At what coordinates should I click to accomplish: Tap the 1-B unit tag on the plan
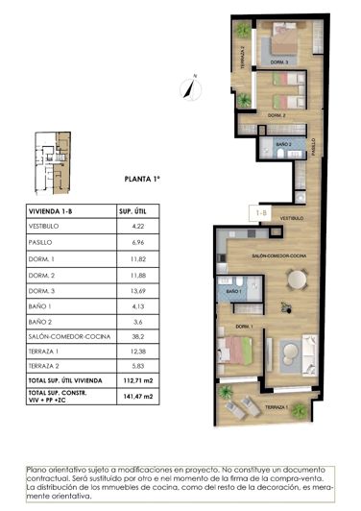click(x=259, y=210)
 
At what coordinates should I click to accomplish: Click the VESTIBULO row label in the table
click(x=47, y=228)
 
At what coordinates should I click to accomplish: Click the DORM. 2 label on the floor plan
click(x=277, y=114)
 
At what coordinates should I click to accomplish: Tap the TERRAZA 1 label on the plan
click(x=277, y=407)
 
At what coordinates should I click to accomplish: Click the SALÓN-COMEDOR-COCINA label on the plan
click(x=278, y=256)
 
